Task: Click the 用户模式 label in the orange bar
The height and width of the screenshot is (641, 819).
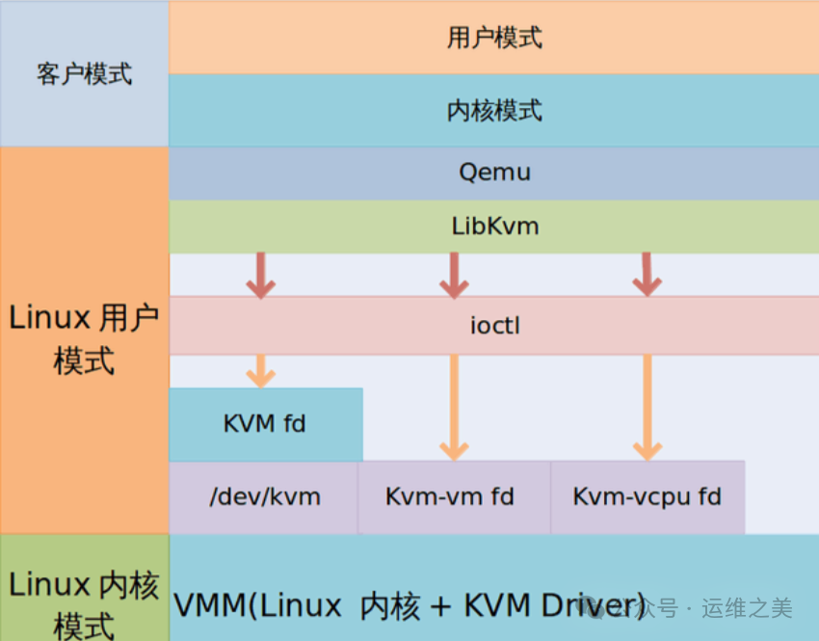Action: [x=494, y=38]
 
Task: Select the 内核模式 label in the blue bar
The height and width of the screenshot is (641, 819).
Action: [x=494, y=111]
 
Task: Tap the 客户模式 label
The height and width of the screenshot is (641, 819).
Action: [x=84, y=74]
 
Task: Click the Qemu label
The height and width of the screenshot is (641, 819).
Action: [x=494, y=174]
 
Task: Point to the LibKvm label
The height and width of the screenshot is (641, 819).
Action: [x=494, y=227]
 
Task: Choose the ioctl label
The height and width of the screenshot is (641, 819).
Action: [x=494, y=326]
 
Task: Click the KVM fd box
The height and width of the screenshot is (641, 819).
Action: [x=265, y=424]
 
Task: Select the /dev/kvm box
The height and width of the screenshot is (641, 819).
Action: [x=265, y=497]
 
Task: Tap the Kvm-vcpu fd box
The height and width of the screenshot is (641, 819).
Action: [x=647, y=497]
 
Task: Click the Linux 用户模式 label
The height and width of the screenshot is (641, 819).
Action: [x=84, y=339]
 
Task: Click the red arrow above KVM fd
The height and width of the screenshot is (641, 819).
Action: [x=260, y=275]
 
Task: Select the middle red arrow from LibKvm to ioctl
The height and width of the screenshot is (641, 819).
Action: [x=453, y=275]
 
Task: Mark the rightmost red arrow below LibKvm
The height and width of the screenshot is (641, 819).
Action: [x=647, y=275]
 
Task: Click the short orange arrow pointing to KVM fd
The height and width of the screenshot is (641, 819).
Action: [x=260, y=371]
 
